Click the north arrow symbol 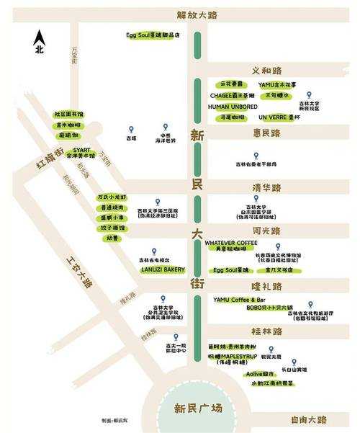(x=40, y=37)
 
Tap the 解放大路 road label (x=197, y=15)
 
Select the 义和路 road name (x=266, y=71)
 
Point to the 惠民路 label (x=266, y=133)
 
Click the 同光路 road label (x=266, y=231)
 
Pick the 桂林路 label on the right (x=266, y=331)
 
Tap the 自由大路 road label (x=309, y=419)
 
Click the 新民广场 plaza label (x=198, y=409)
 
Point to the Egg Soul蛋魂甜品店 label (x=152, y=35)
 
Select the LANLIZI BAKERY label (x=163, y=269)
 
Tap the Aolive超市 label (x=260, y=374)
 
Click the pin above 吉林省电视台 (x=153, y=250)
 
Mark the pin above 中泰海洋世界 (x=165, y=128)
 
